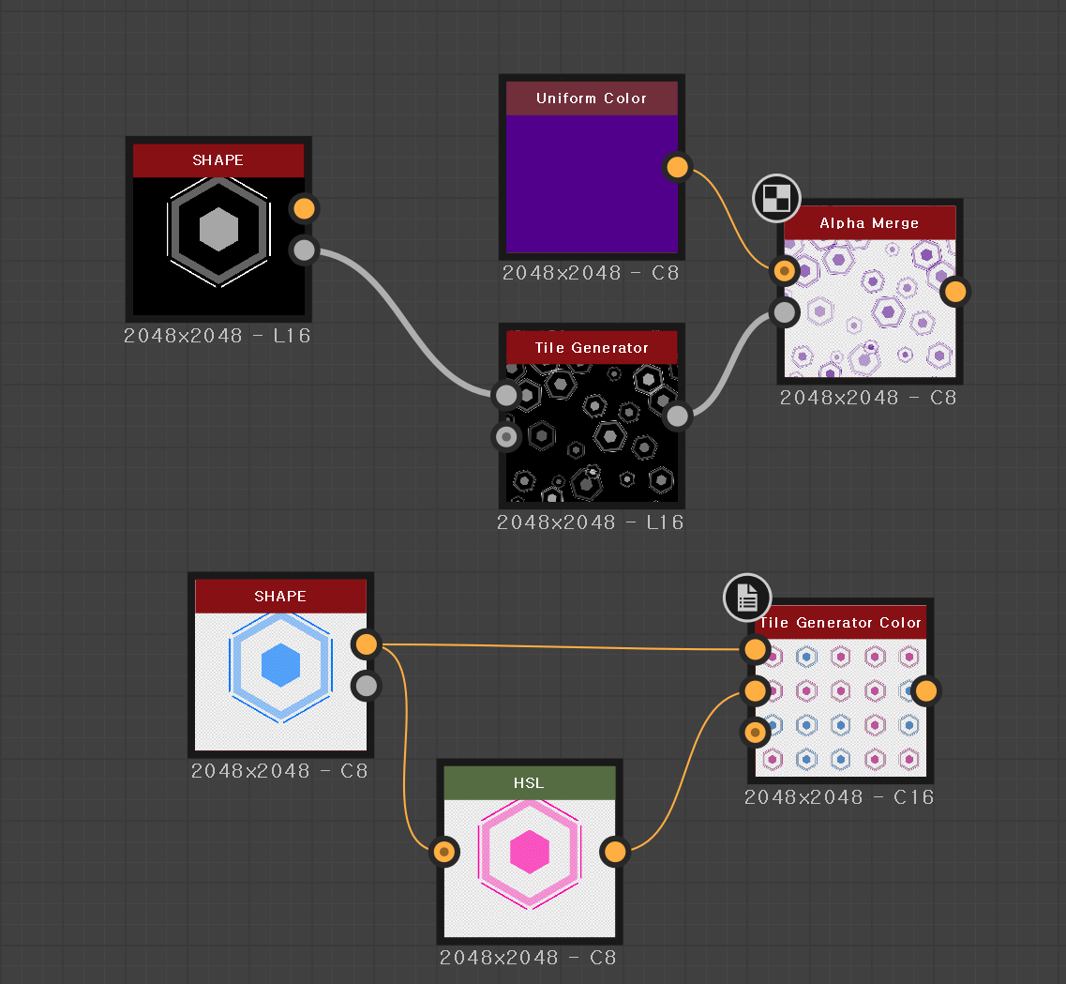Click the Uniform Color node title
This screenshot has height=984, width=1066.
coord(591,98)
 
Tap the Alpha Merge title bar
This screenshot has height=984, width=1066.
coord(869,223)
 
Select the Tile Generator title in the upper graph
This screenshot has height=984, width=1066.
coord(591,348)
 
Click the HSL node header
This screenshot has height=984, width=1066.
coord(529,783)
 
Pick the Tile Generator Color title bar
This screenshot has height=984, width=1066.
coord(840,623)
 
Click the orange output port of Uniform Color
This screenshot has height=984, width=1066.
coord(677,168)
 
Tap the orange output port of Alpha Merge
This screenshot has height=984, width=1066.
coord(954,292)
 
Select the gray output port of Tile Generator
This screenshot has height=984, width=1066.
coord(677,416)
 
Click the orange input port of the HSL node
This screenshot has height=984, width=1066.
coord(444,852)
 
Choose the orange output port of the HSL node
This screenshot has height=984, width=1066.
coord(615,852)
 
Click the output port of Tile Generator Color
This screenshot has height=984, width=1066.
coord(925,691)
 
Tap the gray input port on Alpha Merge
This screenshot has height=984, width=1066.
coord(784,311)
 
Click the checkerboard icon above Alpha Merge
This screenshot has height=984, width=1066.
coord(776,198)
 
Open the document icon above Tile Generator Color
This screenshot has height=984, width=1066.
coord(747,597)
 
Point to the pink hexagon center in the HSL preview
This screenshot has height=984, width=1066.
coord(530,852)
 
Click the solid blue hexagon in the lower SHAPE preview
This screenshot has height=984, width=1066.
coord(280,665)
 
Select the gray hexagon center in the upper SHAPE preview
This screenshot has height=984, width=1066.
coord(219,229)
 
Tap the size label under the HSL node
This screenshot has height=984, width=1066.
coord(528,958)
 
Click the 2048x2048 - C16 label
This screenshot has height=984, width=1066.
coord(839,797)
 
